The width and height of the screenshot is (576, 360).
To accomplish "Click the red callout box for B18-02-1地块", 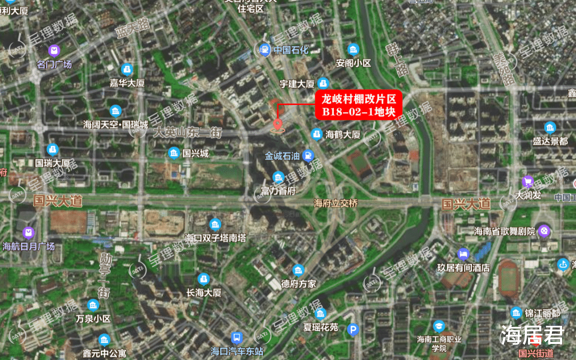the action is point(358,105).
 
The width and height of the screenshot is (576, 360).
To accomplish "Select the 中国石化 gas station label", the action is point(291,50).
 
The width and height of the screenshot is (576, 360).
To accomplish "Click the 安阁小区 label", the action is point(353,63).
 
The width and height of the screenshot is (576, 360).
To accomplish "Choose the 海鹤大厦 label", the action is point(343,135).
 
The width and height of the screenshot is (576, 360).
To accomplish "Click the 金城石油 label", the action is point(283,156).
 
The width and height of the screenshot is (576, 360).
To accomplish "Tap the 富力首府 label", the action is point(278,190).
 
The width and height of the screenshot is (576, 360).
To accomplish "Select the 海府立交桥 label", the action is point(335,203).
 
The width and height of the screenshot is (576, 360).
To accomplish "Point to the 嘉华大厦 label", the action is point(127,83).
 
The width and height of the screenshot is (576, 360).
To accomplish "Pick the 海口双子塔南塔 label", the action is point(215,237).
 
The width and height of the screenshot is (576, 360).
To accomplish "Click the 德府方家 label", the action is point(299,284).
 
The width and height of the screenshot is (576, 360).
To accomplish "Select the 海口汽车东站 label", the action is point(237,351).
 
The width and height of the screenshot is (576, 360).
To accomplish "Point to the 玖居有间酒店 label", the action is point(463,268).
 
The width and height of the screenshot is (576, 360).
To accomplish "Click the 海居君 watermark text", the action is point(532,335).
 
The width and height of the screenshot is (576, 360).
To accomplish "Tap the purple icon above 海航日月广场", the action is point(28,233).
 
